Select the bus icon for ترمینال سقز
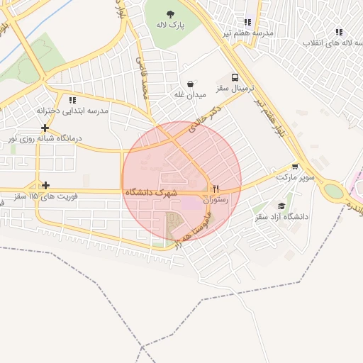235,77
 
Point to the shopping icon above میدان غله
190,83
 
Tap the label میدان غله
190,94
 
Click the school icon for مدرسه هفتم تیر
247,22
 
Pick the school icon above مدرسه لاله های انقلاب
338,32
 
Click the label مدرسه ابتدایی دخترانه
72,111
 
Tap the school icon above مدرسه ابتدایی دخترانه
72,100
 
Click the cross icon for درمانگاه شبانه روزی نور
45,128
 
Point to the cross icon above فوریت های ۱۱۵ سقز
45,185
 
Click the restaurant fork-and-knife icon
216,189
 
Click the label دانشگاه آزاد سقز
282,216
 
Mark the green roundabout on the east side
332,191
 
